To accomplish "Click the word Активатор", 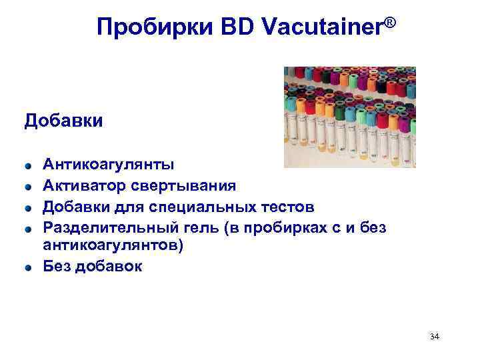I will click(82, 185).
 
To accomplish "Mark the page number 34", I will click(435, 336).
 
